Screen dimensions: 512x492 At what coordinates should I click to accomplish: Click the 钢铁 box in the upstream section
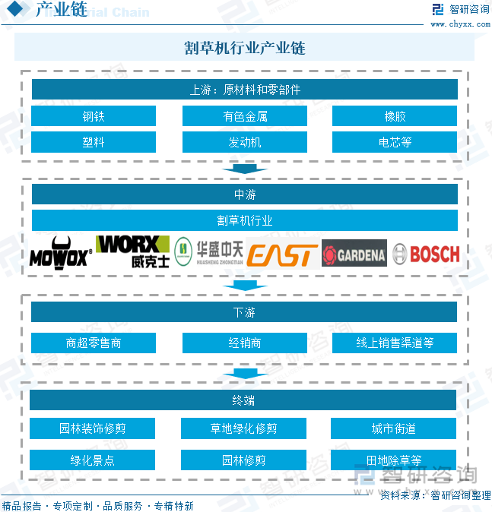point(94,116)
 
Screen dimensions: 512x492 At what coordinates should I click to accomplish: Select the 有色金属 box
point(245,116)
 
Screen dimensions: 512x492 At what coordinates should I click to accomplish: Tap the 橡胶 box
point(395,116)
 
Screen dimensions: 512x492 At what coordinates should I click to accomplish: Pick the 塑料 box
point(94,142)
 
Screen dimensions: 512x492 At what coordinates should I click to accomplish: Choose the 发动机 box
point(245,142)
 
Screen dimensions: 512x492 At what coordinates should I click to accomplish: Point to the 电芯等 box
point(395,142)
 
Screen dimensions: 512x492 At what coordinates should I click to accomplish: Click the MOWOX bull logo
point(60,254)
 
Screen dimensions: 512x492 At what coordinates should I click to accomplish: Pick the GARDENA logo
point(354,254)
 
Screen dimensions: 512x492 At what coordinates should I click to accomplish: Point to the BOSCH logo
point(427,254)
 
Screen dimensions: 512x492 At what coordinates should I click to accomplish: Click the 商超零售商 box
point(94,343)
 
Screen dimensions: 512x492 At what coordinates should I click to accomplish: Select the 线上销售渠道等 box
point(395,343)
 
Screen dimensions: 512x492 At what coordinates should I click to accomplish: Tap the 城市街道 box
point(393,428)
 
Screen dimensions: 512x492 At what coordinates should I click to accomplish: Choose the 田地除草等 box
point(393,460)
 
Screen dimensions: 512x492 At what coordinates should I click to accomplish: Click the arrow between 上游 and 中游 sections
point(244,169)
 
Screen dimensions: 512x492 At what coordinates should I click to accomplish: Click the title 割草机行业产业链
point(245,47)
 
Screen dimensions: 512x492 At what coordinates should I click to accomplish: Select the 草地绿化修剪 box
point(243,428)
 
